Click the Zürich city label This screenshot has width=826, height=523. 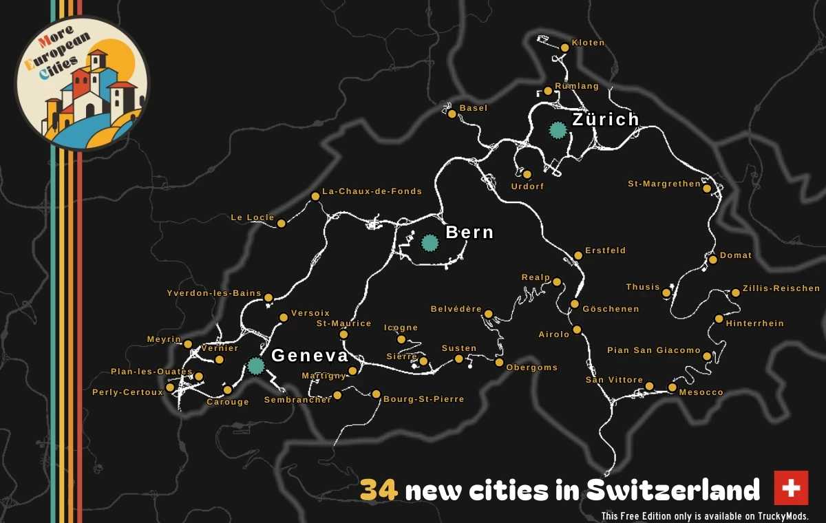click(606, 120)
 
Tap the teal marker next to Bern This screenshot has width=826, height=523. click(430, 242)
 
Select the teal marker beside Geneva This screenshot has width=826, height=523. click(256, 365)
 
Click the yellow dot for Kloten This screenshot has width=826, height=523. click(564, 47)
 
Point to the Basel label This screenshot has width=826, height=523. click(473, 108)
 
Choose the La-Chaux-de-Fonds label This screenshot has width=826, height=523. click(372, 191)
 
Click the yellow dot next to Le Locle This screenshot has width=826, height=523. click(281, 222)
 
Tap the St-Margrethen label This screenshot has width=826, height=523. click(664, 184)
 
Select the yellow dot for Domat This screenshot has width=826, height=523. click(713, 259)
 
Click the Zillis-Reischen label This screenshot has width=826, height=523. click(781, 288)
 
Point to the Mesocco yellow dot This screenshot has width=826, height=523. click(672, 387)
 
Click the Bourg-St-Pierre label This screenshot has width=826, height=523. click(423, 399)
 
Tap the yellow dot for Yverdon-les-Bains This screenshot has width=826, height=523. click(268, 298)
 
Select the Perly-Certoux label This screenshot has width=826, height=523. click(127, 392)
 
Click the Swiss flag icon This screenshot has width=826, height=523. click(791, 488)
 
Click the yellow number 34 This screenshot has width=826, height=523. click(379, 491)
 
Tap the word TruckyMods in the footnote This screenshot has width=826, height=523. click(783, 516)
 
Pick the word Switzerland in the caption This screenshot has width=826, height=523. click(673, 491)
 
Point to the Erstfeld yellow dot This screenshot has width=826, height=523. click(578, 255)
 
